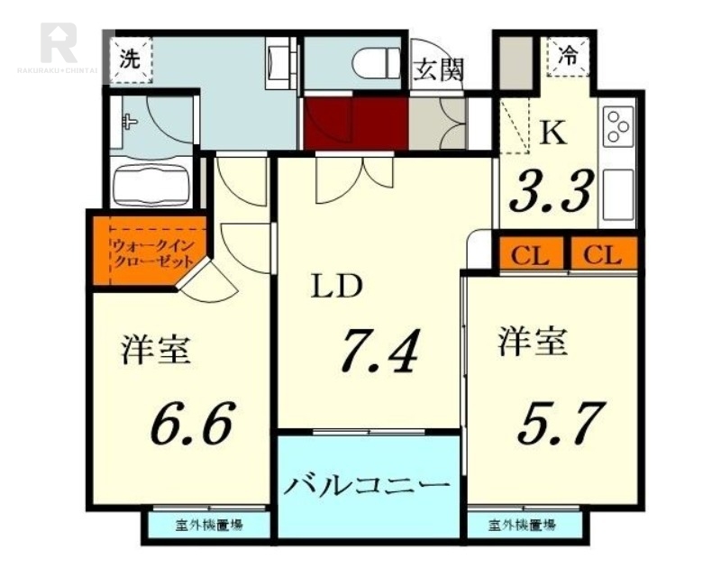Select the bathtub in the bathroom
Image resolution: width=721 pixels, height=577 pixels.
click(x=151, y=184)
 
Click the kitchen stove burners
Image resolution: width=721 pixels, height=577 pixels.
click(x=618, y=127)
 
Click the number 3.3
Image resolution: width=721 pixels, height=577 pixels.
click(x=553, y=189)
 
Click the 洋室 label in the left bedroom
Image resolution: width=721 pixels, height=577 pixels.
click(x=156, y=350)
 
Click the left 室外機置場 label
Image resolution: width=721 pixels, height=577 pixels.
click(x=209, y=525)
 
